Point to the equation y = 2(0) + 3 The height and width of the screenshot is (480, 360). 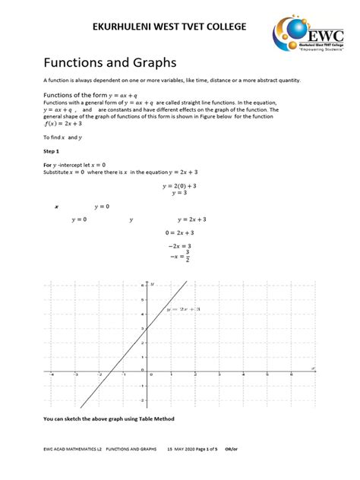(179, 185)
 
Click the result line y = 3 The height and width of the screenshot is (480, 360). (179, 193)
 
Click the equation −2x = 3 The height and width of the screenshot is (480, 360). (179, 246)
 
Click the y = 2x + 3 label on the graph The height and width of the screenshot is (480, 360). (184, 310)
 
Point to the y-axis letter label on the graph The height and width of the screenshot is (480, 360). (152, 284)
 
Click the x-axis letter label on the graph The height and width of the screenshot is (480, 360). (312, 368)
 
